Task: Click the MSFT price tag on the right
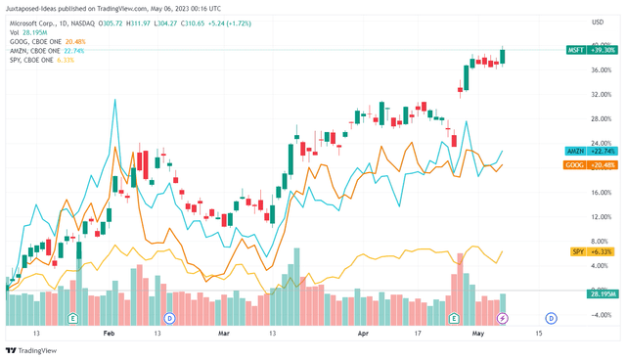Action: coord(586,48)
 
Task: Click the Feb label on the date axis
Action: coord(109,333)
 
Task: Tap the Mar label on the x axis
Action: coord(223,333)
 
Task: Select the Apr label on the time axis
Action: coord(364,333)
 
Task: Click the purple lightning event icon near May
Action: coord(504,318)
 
